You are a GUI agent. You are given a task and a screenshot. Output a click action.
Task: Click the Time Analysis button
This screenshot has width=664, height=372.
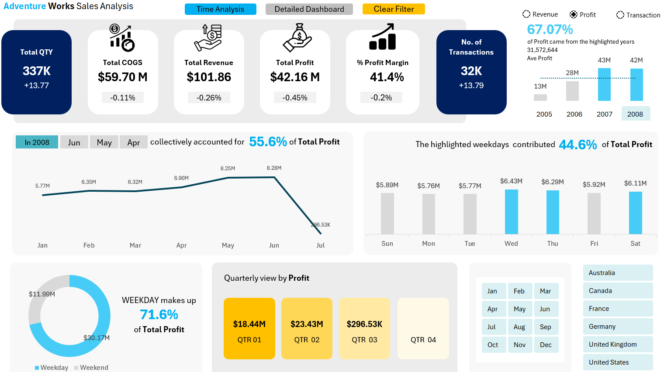(220, 9)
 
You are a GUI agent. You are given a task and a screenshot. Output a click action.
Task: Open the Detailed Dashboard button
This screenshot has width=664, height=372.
(309, 9)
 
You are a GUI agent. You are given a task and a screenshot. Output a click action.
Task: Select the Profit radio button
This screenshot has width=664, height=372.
(574, 15)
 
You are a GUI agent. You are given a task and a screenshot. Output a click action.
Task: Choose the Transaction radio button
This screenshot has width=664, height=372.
(620, 15)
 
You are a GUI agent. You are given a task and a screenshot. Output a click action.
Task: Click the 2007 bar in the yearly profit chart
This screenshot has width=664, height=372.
(604, 85)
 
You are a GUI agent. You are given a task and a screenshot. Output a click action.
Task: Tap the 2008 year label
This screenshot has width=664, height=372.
(635, 114)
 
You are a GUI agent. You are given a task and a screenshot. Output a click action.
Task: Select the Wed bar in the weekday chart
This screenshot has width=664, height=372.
(511, 212)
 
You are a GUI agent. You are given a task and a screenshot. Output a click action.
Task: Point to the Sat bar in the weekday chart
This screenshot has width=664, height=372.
(635, 213)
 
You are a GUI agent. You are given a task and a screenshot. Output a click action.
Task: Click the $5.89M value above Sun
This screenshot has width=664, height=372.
(387, 185)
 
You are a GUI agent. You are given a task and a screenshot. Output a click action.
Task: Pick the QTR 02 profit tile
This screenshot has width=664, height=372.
(307, 328)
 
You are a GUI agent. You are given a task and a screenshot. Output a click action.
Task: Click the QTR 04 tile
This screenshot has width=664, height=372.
(423, 328)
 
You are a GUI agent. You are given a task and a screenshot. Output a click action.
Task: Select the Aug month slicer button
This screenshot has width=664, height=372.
(519, 327)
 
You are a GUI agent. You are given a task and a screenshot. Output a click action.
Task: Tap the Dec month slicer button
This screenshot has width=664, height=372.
(546, 345)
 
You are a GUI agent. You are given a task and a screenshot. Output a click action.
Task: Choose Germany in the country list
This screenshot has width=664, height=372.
(618, 327)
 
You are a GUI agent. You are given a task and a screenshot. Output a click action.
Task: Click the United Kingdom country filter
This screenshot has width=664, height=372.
(618, 344)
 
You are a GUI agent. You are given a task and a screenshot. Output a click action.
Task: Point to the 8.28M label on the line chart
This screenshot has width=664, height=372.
(274, 168)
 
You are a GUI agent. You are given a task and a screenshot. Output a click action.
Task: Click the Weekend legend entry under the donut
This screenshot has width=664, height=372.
(91, 368)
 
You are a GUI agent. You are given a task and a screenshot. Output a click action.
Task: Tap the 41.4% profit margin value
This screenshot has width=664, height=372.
(387, 77)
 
